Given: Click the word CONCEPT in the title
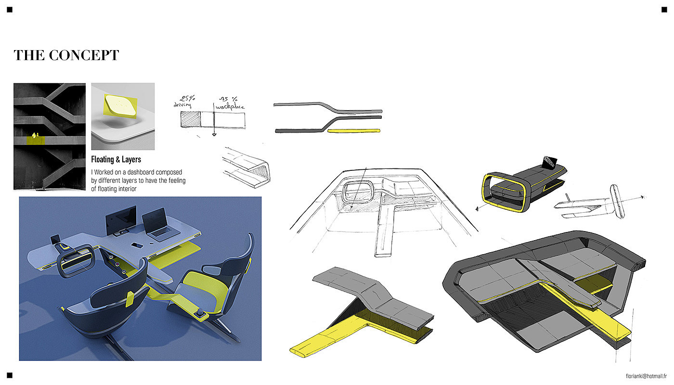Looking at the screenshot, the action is click(x=84, y=55).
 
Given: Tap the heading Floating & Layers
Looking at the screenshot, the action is click(x=116, y=159).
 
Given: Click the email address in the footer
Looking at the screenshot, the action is click(x=646, y=376).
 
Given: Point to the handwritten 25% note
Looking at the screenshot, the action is click(x=187, y=98).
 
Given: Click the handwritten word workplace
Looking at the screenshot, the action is click(x=230, y=107).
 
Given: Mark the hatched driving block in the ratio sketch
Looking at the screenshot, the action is click(x=191, y=119).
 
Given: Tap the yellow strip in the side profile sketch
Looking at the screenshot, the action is click(x=353, y=131).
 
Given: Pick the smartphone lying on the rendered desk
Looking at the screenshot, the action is click(x=137, y=245).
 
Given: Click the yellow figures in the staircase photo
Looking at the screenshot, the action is click(x=35, y=135).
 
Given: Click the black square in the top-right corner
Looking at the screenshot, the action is click(x=664, y=10).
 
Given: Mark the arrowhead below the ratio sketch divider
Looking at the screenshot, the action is click(x=214, y=135).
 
